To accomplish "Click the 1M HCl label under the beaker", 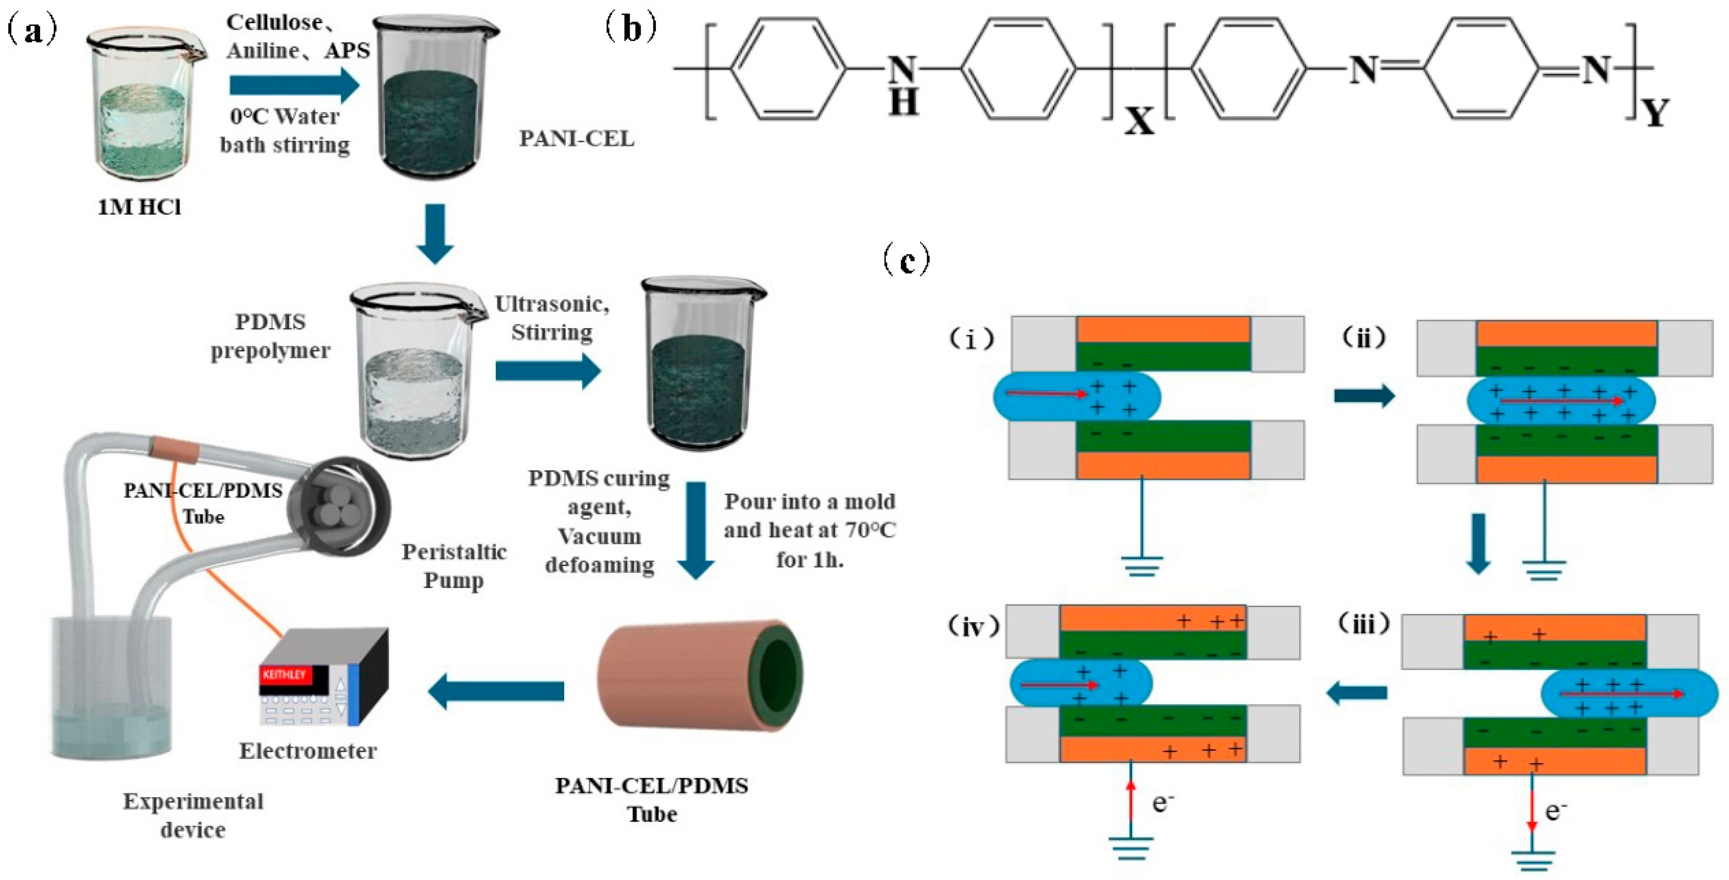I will click(x=140, y=207).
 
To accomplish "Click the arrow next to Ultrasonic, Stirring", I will click(x=548, y=370).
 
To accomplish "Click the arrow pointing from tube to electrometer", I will click(x=497, y=691).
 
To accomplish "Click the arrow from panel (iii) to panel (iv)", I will click(x=1357, y=693).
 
